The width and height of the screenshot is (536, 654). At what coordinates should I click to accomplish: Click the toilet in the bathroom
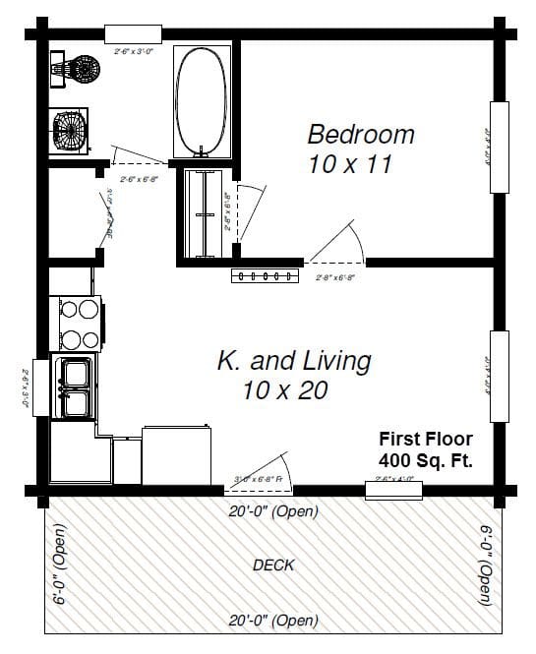(x=78, y=70)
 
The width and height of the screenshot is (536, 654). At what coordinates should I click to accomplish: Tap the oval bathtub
(x=204, y=98)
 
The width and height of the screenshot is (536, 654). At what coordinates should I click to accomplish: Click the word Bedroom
(x=360, y=134)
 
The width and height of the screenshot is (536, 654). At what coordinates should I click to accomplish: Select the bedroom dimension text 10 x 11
(x=349, y=164)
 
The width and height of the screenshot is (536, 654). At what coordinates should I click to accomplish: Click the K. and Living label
(x=294, y=361)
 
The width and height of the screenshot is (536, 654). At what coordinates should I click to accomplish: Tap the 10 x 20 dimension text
(x=284, y=390)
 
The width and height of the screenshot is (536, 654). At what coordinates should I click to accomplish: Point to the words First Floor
(x=426, y=439)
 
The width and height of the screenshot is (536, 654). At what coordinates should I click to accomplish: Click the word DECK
(x=273, y=565)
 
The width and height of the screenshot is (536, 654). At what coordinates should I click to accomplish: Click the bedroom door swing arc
(x=339, y=243)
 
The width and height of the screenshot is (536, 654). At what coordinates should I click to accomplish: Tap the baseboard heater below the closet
(x=264, y=275)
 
